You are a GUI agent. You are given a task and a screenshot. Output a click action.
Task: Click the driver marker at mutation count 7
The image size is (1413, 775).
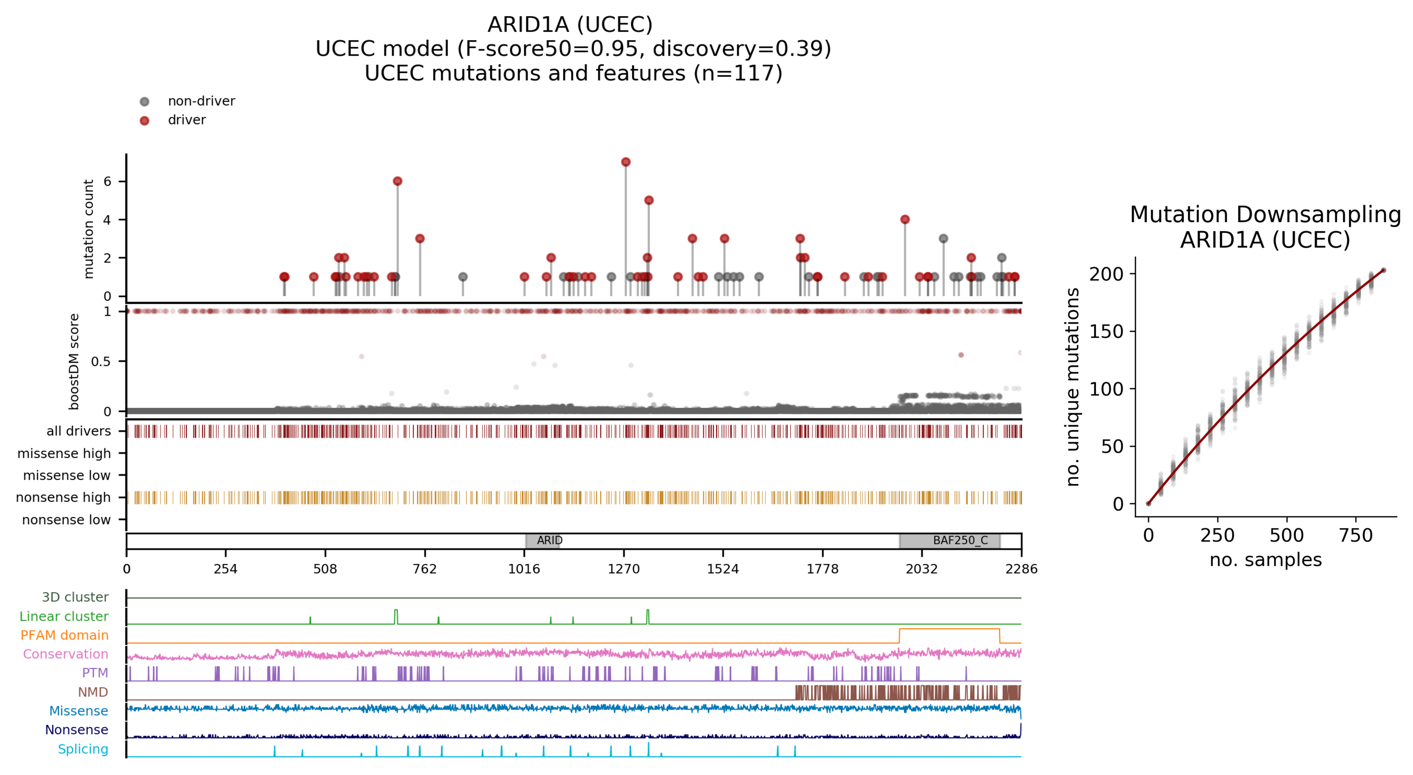[625, 162]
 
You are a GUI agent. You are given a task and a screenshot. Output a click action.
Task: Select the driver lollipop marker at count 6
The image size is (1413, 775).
[398, 181]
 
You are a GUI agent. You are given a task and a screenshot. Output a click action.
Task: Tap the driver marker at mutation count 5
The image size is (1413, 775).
[649, 200]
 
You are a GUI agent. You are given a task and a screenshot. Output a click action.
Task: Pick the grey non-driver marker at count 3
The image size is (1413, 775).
[944, 239]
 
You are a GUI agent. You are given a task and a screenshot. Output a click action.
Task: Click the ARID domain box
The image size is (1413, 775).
[543, 541]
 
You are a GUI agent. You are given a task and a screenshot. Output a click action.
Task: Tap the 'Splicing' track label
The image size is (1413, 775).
[83, 749]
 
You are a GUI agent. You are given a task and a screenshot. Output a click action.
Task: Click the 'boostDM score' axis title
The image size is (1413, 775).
[74, 362]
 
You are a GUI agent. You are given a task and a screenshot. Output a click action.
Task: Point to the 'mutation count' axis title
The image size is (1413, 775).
[88, 229]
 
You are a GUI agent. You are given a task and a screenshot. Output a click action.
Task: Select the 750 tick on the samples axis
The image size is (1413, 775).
[1355, 535]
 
